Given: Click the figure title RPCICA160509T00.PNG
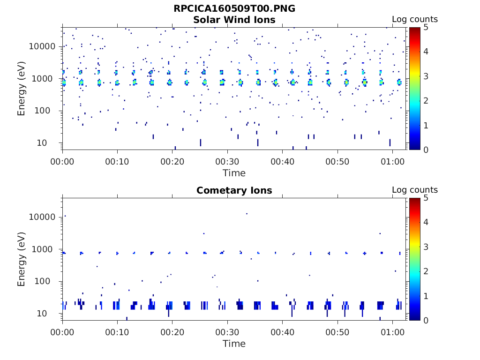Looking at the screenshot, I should pos(234,8).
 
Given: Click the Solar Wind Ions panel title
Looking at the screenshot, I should pos(234,20).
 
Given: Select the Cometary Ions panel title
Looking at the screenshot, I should pos(234,190).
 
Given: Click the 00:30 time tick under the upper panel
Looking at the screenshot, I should pos(227,161).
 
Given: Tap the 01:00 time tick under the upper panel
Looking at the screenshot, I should pos(392,161).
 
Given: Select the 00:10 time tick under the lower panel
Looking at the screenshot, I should pos(117,332).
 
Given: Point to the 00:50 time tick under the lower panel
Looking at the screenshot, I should pos(337,332).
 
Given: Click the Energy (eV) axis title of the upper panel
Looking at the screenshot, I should pos(22,88).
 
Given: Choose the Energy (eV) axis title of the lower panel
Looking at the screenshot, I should pos(22,259).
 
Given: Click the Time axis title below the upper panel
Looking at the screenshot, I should pos(234,173).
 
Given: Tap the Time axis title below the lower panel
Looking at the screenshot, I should pos(234,344).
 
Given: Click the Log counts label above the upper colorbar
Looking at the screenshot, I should pos(415,20).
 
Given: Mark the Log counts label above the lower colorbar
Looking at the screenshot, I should pos(415,190).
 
